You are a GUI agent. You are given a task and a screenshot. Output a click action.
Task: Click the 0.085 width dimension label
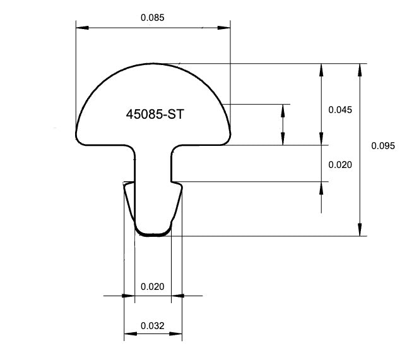click(x=152, y=18)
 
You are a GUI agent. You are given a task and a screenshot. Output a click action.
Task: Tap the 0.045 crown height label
click(x=340, y=109)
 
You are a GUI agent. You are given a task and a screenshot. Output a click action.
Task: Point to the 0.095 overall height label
click(x=382, y=146)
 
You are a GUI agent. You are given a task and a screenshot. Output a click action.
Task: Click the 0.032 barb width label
click(x=152, y=326)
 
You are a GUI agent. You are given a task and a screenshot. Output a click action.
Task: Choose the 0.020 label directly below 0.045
click(x=340, y=164)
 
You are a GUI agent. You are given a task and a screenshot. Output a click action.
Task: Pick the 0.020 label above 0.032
click(x=152, y=286)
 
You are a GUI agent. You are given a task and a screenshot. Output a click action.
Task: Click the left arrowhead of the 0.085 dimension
click(x=81, y=27)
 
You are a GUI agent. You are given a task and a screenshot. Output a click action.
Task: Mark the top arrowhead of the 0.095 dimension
click(x=360, y=69)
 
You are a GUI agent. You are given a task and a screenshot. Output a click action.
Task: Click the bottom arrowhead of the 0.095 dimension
click(x=360, y=231)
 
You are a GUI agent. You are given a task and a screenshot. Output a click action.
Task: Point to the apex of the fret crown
click(x=153, y=64)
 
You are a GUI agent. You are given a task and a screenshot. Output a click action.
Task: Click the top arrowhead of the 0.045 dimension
click(x=321, y=69)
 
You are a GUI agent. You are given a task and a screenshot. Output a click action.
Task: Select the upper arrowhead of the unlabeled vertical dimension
click(x=283, y=109)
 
